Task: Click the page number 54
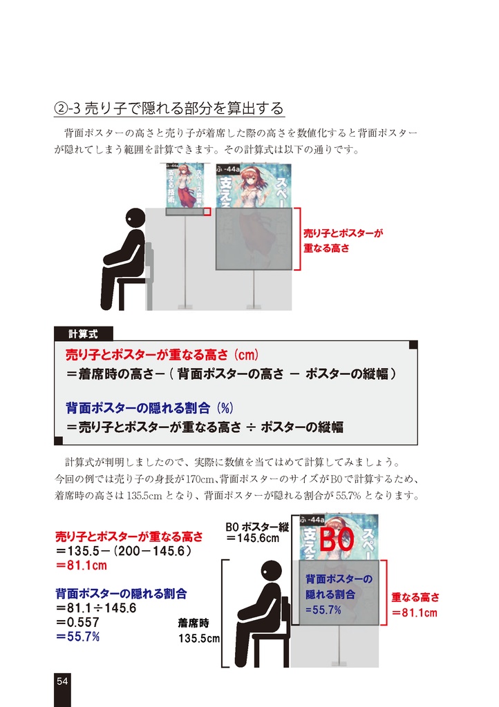pyautogui.click(x=62, y=681)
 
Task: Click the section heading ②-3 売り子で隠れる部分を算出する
pyautogui.click(x=169, y=108)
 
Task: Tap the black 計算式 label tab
pyautogui.click(x=82, y=333)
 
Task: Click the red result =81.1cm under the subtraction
pyautogui.click(x=82, y=565)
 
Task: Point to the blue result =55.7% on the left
pyautogui.click(x=78, y=636)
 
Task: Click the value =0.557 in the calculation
pyautogui.click(x=78, y=622)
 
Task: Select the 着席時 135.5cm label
pyautogui.click(x=198, y=630)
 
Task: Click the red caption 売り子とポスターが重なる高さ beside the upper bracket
pyautogui.click(x=343, y=240)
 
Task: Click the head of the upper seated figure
pyautogui.click(x=135, y=217)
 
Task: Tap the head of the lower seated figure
pyautogui.click(x=271, y=570)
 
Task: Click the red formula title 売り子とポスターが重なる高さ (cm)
pyautogui.click(x=162, y=356)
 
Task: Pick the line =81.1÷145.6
pyautogui.click(x=96, y=608)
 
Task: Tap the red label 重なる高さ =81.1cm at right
pyautogui.click(x=415, y=605)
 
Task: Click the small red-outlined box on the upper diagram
pyautogui.click(x=206, y=211)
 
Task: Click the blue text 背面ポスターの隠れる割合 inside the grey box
pyautogui.click(x=339, y=586)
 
